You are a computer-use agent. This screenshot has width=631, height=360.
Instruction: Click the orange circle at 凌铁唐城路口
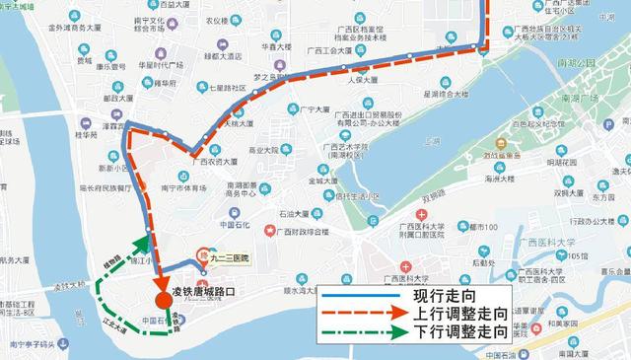pos(161,299)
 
